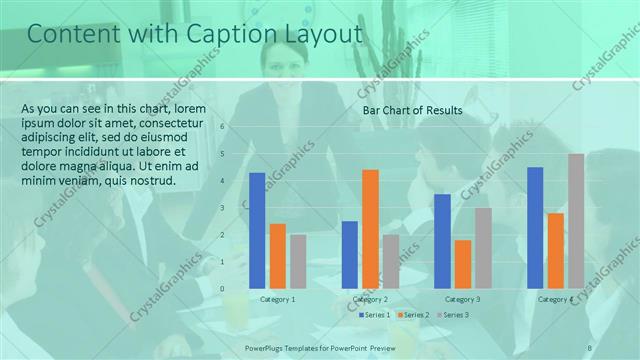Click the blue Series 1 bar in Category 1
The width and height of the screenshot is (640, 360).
257,231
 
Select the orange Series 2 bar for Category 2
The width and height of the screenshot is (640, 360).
370,229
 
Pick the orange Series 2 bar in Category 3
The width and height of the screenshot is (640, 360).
462,264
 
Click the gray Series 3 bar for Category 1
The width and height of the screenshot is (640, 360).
298,261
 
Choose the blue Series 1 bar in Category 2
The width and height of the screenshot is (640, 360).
350,254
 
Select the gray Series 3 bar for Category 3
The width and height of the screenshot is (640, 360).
483,248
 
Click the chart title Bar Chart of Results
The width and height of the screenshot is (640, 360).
412,110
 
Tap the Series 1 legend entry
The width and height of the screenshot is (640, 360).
375,315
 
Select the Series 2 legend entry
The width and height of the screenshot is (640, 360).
414,315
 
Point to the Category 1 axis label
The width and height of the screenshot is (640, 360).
277,299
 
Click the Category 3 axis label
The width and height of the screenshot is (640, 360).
462,299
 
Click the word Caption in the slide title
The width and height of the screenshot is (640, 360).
225,35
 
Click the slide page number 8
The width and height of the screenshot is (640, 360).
589,347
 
